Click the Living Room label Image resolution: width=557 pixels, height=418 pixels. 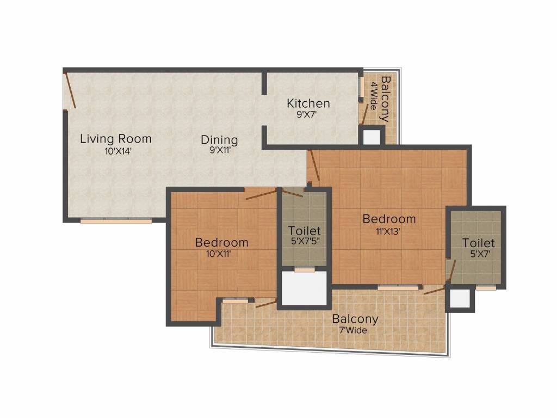[x=115, y=138]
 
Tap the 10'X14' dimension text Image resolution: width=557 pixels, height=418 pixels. [x=119, y=151]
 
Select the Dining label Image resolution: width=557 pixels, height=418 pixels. [x=219, y=139]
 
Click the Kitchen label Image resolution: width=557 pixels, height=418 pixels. [x=308, y=103]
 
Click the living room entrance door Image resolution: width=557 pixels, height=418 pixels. [x=70, y=90]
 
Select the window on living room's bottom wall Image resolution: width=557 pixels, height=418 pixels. [x=116, y=221]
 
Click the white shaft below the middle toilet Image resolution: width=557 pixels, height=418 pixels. [x=304, y=288]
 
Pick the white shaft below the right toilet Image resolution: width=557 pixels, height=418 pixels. [x=460, y=299]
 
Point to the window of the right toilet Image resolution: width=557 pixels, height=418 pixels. [x=486, y=287]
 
